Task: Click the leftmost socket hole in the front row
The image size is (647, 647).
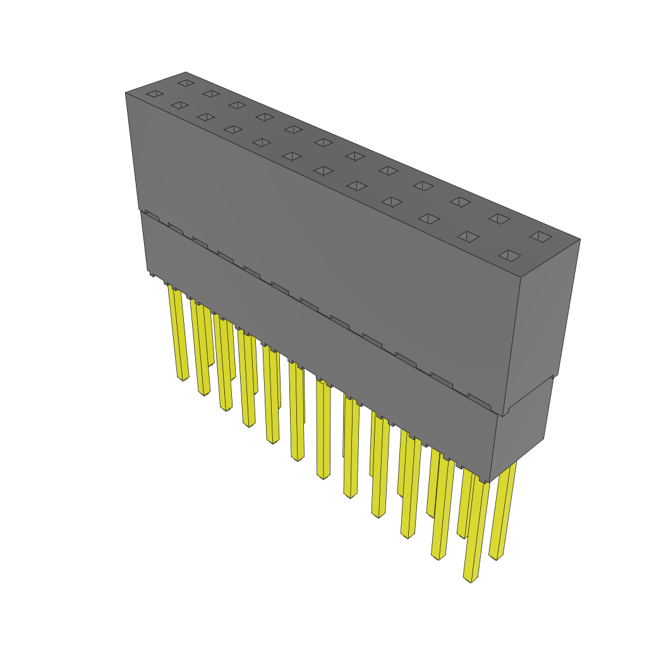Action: tap(155, 94)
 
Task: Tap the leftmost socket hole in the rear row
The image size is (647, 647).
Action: tap(185, 82)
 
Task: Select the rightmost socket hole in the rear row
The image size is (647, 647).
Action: tap(540, 236)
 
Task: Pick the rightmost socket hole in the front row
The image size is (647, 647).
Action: tap(510, 255)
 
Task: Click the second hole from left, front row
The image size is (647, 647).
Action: tap(179, 105)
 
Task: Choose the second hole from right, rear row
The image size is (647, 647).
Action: tap(499, 219)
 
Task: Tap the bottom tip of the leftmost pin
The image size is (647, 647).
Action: tap(183, 379)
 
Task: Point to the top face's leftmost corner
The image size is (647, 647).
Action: tap(126, 93)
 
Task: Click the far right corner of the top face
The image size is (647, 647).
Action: tap(579, 239)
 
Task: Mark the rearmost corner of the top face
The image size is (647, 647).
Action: tap(185, 72)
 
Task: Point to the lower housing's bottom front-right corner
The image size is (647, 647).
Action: tap(490, 481)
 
